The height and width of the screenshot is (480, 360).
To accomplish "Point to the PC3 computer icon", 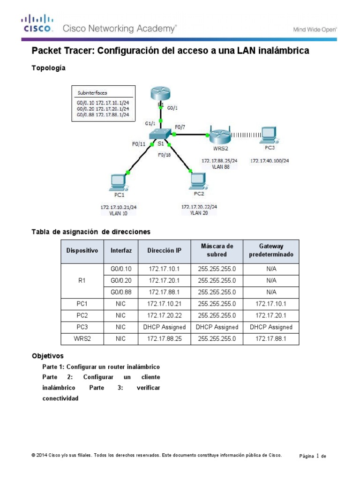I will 269,135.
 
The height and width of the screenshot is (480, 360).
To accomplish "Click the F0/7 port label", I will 180,127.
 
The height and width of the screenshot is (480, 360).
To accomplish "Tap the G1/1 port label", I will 150,124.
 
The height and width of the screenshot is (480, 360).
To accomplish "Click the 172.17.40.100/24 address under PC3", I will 270,161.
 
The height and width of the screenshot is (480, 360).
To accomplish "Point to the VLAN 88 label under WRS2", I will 219,166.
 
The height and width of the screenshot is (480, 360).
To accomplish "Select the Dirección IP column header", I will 164,251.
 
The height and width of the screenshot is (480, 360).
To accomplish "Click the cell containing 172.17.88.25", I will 164,339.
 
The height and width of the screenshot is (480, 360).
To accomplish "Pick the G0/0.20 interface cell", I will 121,280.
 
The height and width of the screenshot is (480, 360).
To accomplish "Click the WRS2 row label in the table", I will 82,339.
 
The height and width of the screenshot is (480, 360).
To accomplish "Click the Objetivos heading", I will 47,356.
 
